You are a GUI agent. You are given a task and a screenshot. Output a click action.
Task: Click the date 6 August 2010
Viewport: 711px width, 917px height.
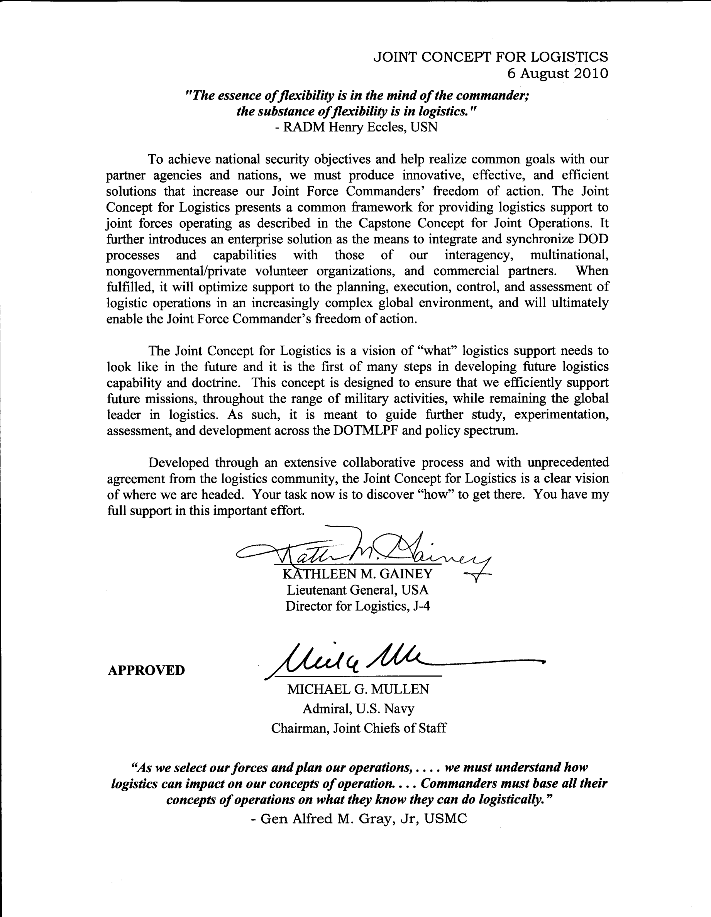coord(557,73)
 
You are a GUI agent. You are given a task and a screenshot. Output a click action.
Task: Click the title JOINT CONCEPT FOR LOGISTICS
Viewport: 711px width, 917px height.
coord(491,57)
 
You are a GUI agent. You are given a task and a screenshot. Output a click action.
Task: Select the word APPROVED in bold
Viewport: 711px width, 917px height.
coord(146,670)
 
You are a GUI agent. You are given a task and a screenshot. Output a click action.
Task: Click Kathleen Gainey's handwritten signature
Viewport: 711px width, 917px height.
coord(361,550)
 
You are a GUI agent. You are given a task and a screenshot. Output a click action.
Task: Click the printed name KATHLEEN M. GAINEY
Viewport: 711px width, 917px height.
coord(357,574)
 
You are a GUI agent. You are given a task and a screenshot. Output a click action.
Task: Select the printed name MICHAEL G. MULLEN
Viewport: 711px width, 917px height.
coord(358,689)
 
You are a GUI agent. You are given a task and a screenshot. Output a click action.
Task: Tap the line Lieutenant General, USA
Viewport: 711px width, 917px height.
coord(357,590)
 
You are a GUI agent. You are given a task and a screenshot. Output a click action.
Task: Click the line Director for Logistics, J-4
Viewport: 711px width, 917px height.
coord(357,606)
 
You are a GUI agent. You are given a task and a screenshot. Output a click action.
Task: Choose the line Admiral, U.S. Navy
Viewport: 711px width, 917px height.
coord(358,709)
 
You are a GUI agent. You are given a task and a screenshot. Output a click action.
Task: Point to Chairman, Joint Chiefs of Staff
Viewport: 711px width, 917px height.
coord(358,728)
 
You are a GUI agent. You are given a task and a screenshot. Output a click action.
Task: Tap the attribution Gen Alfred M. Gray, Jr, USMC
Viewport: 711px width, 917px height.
coord(363,818)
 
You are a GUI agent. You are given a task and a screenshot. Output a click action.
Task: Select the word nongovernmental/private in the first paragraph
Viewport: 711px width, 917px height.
coord(176,271)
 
